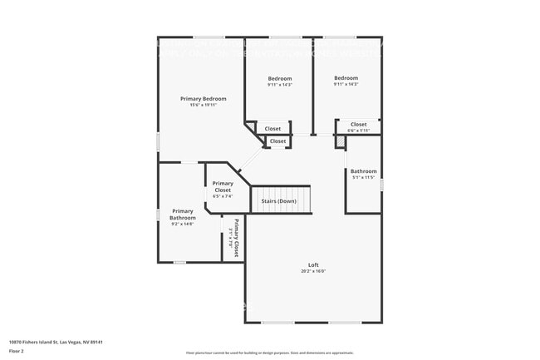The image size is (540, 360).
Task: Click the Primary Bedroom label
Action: click(x=204, y=98)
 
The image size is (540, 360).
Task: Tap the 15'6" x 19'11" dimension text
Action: click(x=204, y=105)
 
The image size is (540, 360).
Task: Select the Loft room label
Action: click(x=313, y=264)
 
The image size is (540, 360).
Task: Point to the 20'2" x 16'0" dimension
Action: click(x=313, y=271)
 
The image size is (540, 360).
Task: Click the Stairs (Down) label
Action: click(x=278, y=201)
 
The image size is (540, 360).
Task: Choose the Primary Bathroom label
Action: click(x=183, y=214)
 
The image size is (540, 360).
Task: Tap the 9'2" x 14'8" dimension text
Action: click(x=183, y=224)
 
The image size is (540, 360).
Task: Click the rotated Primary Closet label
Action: click(x=236, y=239)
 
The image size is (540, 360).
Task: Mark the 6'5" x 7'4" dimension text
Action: click(x=223, y=196)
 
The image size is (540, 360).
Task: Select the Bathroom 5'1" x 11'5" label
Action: click(x=363, y=171)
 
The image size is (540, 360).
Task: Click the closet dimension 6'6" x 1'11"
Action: click(x=358, y=131)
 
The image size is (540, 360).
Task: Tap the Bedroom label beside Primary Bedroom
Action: click(x=278, y=78)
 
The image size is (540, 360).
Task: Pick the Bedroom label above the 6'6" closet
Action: click(x=346, y=78)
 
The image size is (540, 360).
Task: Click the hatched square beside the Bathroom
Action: click(x=340, y=141)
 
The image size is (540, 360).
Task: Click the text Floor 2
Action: click(x=17, y=351)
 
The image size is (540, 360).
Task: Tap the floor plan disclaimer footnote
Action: click(x=269, y=353)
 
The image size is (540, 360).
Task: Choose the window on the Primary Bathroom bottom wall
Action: click(x=179, y=263)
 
